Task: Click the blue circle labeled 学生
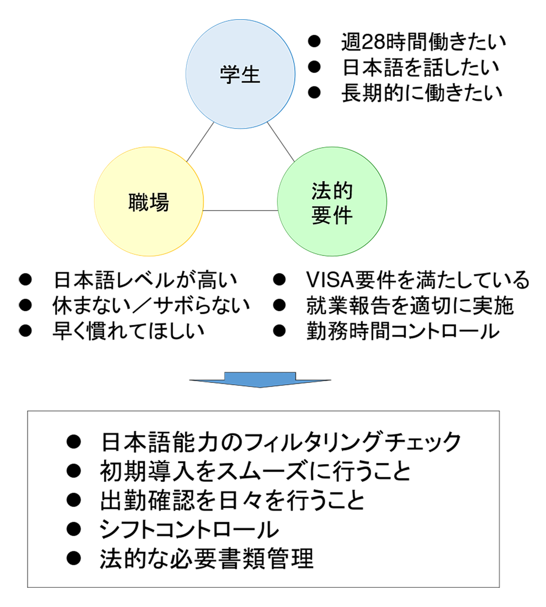[x=240, y=74]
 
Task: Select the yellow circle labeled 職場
[x=149, y=201]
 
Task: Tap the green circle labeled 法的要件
[x=332, y=201]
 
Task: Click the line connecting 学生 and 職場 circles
[x=200, y=142]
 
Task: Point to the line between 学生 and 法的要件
[x=281, y=142]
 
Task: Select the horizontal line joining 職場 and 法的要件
[x=240, y=211]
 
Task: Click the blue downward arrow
[x=260, y=379]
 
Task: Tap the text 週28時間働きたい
[x=423, y=42]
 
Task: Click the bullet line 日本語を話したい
[x=421, y=68]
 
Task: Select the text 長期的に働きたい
[x=422, y=93]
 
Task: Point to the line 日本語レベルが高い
[x=145, y=280]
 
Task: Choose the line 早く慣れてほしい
[x=128, y=331]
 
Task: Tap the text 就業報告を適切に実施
[x=409, y=305]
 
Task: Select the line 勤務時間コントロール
[x=403, y=331]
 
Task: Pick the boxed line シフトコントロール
[x=189, y=530]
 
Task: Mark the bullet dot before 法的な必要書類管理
[x=74, y=558]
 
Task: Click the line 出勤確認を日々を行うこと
[x=232, y=500]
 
